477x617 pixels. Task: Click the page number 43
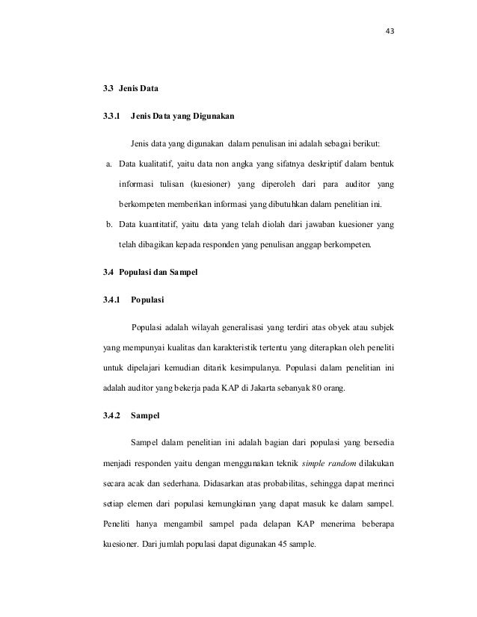(389, 31)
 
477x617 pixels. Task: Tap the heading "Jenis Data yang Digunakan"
(182, 117)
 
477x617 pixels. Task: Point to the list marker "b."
(108, 225)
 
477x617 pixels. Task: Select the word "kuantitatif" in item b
(157, 225)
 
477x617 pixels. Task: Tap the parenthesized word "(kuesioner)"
(212, 183)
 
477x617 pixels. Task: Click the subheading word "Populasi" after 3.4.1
(147, 301)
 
